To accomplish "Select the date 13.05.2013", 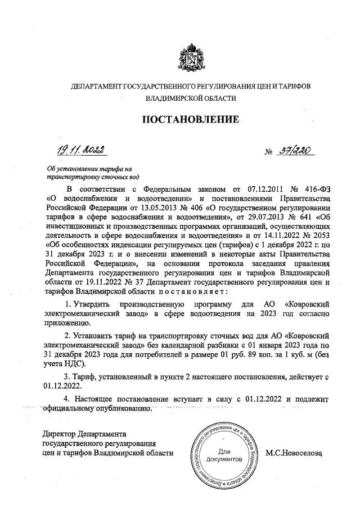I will [145, 209].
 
